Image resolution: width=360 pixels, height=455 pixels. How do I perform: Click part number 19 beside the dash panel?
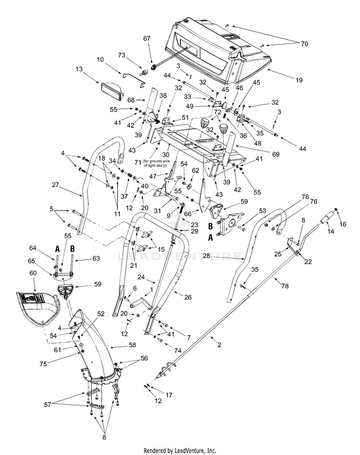pos(299,80)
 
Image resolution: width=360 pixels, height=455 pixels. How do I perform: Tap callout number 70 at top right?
pos(304,44)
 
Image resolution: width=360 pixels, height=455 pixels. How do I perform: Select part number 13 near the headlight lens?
pos(79,69)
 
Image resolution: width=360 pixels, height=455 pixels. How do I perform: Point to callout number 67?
pos(147,39)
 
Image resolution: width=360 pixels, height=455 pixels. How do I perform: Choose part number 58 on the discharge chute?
pos(132,345)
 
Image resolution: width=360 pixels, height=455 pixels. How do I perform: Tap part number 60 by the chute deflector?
pos(33,273)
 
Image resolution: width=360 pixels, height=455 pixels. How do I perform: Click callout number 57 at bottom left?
pos(48,404)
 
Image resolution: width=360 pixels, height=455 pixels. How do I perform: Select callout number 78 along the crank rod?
pos(285,286)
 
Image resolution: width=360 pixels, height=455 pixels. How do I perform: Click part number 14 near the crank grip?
pos(331,231)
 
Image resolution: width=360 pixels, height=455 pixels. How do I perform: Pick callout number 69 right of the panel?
pos(276,154)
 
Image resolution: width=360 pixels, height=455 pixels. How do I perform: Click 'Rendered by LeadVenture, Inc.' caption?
pos(180,451)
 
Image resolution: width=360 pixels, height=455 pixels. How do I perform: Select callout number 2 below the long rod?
pos(219,345)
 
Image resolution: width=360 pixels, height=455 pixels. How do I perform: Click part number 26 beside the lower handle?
pos(188,297)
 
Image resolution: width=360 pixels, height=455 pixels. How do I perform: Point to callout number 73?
pos(121,55)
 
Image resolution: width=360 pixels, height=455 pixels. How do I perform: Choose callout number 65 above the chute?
pos(31,261)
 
